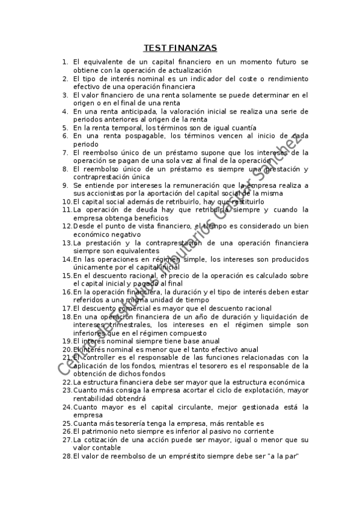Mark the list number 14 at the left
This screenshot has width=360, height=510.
[67, 259]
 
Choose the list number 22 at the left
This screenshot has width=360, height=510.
[67, 382]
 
